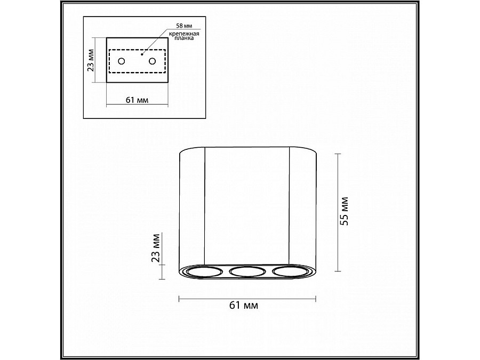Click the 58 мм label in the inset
(x=183, y=26)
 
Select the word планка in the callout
(x=184, y=38)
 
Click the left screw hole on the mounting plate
(x=122, y=61)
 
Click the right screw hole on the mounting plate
(x=152, y=61)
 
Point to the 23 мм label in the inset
(x=91, y=60)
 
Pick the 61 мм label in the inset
(x=137, y=100)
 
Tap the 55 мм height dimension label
(x=345, y=211)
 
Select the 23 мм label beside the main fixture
(x=156, y=247)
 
